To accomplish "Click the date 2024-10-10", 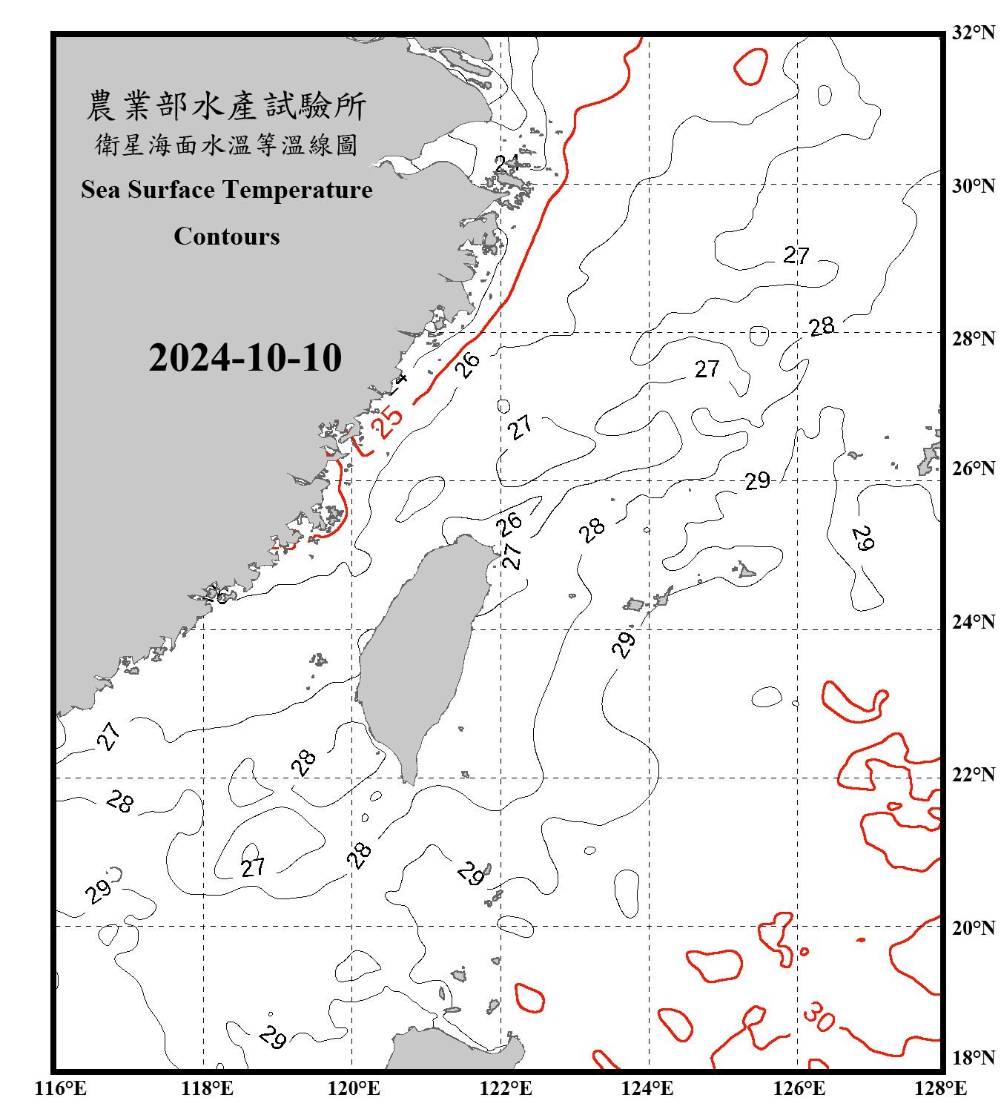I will pos(245,358).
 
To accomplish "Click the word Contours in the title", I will pos(226,236).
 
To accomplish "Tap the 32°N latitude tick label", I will pos(973,33).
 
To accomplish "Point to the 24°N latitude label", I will pos(973,621).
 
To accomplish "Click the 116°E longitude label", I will pos(61,1088).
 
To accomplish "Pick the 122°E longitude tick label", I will pos(506,1088).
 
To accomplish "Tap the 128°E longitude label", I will pos(940,1088).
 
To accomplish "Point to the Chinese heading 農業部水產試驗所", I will pos(226,105).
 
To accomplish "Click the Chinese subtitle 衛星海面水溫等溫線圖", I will pos(226,145).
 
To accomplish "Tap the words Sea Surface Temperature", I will pos(226,190).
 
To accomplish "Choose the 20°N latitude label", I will pos(973,927).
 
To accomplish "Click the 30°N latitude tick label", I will pos(973,185).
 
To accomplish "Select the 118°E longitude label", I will pos(207,1088).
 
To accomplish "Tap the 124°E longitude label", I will pos(647,1088).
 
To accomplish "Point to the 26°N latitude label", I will pos(973,469).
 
